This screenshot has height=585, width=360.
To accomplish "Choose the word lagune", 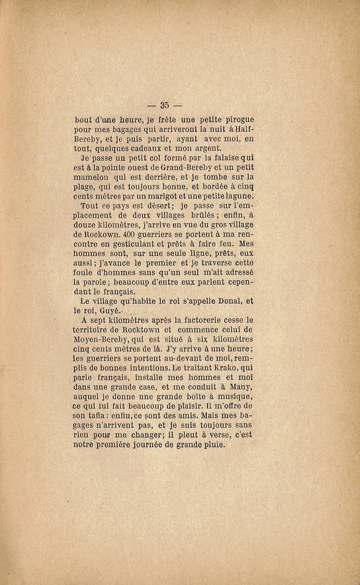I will pos(238,196).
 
